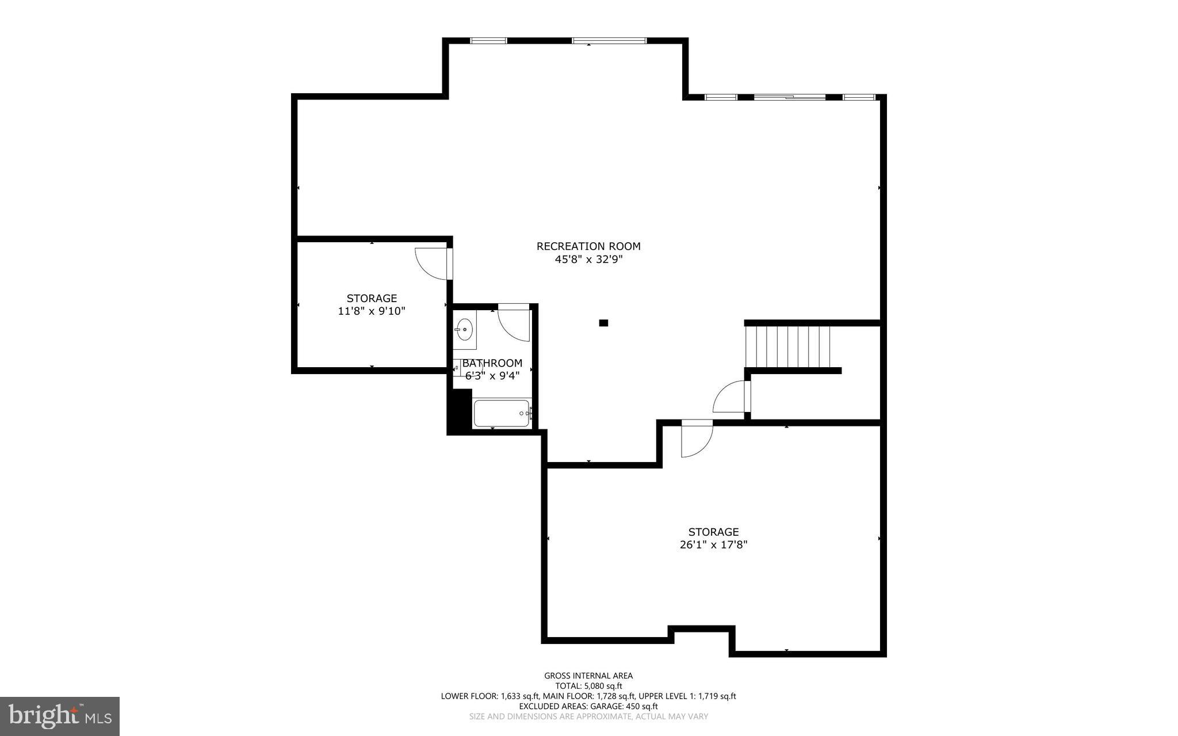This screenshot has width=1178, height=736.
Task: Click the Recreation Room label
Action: point(588,246)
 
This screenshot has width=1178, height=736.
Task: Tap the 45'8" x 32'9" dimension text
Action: point(588,260)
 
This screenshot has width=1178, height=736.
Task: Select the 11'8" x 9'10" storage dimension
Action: point(372,311)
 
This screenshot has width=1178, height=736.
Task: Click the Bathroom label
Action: point(492,363)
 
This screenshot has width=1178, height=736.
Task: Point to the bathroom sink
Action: point(464,330)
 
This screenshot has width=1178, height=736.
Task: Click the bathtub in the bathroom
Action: point(501,413)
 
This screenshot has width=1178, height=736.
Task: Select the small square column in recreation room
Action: point(603,323)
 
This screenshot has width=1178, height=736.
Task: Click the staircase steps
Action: point(787,346)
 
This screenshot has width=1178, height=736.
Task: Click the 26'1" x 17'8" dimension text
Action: point(713,545)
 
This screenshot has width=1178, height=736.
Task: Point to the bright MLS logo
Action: point(60,716)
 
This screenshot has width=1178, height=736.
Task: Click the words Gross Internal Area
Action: point(588,676)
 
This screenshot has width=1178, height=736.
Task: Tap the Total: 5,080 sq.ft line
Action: point(588,686)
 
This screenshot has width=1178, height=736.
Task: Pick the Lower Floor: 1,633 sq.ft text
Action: point(490,696)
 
